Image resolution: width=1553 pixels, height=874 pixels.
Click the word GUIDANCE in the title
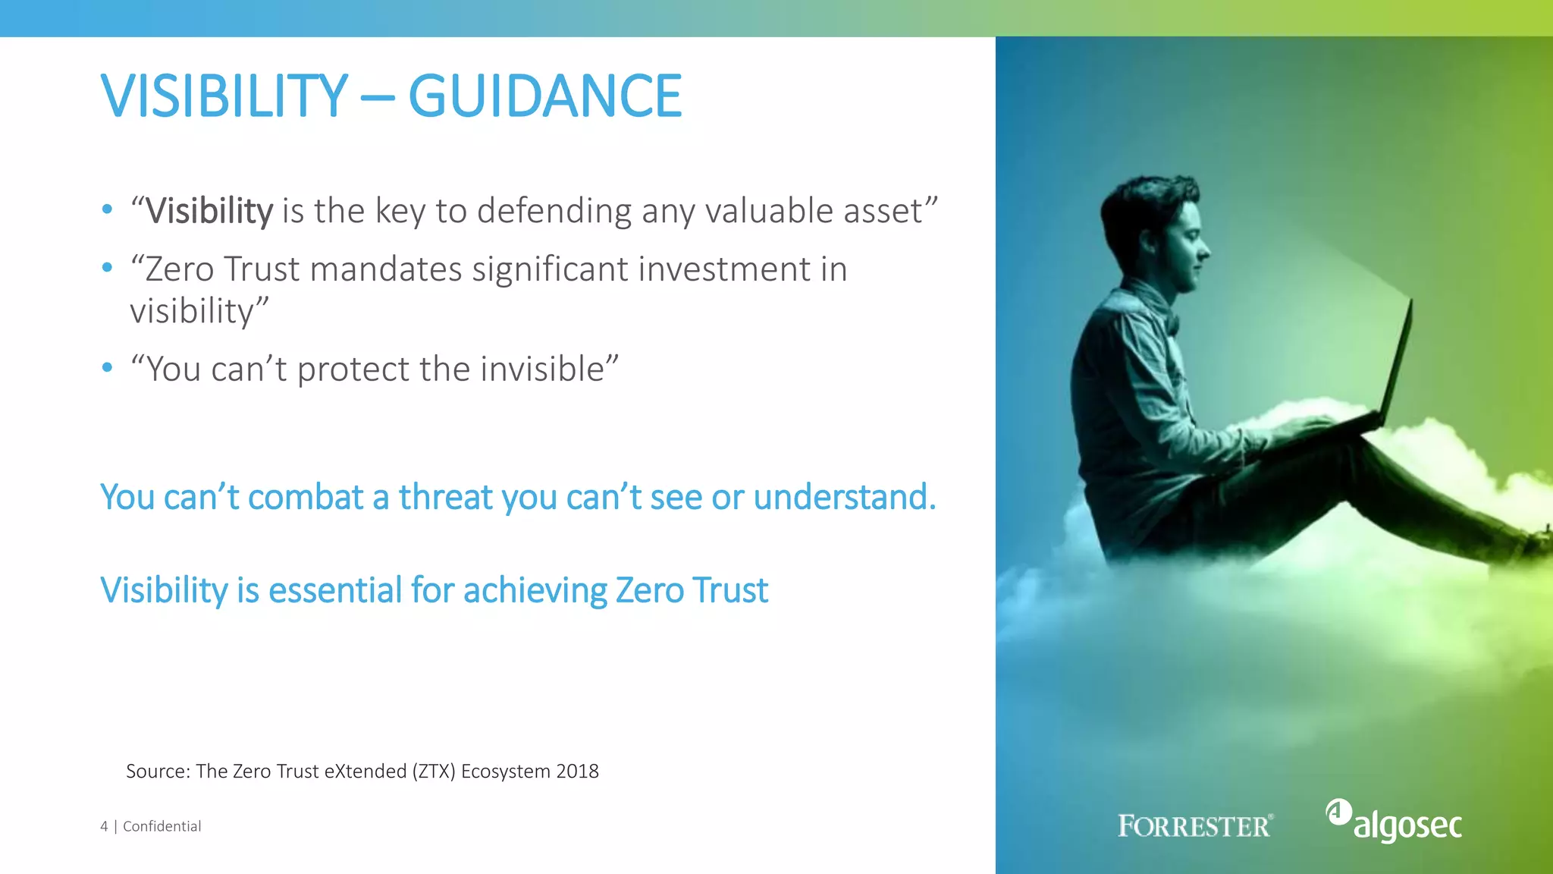pos(544,96)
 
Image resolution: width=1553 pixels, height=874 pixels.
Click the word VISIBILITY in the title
pos(224,96)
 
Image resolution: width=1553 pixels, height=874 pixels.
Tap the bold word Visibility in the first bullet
pos(209,211)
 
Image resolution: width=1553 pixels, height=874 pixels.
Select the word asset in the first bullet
pos(883,211)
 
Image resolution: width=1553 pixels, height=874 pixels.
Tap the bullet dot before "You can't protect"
pos(107,368)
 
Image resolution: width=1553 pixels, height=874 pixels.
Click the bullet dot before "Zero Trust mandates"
pos(107,268)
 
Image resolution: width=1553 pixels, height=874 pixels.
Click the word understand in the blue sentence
pos(843,498)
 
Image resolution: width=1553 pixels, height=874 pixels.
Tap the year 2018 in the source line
pos(577,772)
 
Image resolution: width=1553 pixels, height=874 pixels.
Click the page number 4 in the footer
pos(104,826)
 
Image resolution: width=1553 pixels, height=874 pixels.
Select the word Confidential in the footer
pos(162,826)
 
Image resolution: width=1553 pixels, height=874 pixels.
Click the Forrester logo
pos(1195,826)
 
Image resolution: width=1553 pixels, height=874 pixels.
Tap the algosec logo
pos(1395,822)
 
